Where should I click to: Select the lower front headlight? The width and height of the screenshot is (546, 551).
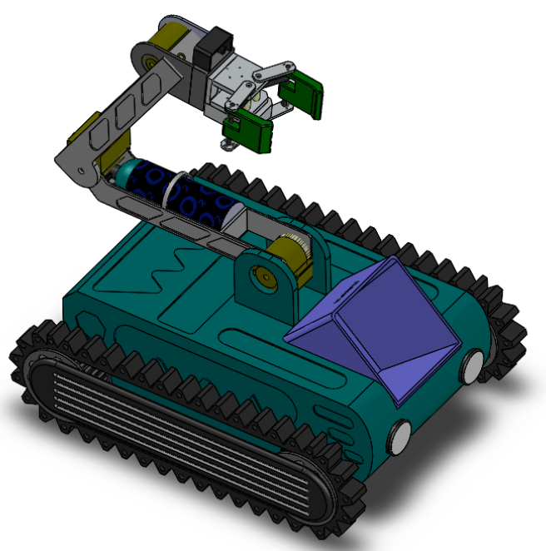tap(400, 434)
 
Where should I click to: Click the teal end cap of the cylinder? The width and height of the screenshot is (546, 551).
tap(129, 174)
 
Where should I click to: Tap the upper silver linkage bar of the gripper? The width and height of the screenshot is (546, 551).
tap(271, 73)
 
